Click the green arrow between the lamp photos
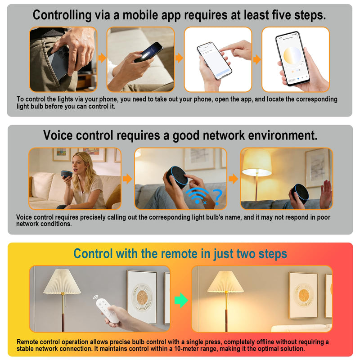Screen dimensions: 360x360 (x=181, y=300)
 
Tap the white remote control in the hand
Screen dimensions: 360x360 (x=108, y=311)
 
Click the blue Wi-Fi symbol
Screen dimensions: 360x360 (x=197, y=196)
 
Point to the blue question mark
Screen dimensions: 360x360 (x=217, y=197)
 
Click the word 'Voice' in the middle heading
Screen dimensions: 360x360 (x=58, y=135)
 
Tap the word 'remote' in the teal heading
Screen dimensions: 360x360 (x=179, y=254)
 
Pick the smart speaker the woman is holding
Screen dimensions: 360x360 (x=67, y=174)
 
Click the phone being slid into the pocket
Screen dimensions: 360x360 (x=58, y=62)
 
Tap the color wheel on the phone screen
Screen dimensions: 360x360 (x=292, y=57)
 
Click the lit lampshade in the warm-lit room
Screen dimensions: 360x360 (x=225, y=282)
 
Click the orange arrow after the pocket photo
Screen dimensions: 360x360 (x=102, y=58)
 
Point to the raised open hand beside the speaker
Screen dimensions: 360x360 (x=326, y=193)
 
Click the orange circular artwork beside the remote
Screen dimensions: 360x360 (x=142, y=297)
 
